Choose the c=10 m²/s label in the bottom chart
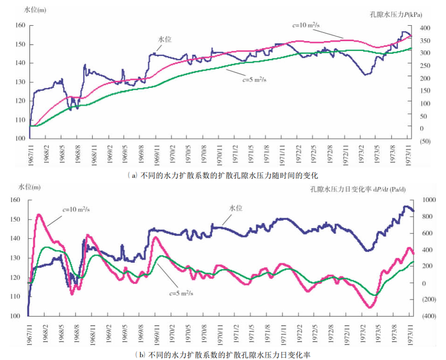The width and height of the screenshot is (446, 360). click(x=76, y=208)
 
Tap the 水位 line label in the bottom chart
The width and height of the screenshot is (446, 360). click(x=236, y=208)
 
